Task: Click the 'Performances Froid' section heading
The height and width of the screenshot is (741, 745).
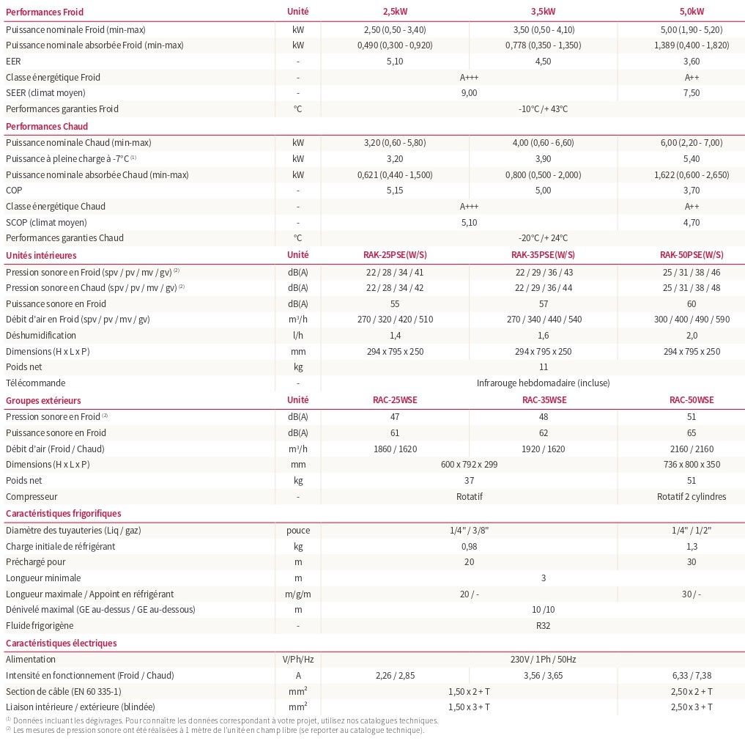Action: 45,12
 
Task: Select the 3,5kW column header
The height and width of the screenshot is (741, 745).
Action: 543,12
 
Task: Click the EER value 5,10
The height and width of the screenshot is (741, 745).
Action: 394,61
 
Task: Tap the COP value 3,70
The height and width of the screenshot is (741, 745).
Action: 692,191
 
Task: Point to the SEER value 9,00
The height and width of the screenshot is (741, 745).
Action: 469,93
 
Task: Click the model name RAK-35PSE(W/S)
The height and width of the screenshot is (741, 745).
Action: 543,255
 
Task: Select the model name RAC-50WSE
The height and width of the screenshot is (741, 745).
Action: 692,400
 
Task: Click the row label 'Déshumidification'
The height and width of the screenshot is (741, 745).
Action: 40,335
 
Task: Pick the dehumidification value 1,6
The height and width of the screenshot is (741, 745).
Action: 543,335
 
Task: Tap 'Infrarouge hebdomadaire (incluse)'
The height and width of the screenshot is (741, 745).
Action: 543,383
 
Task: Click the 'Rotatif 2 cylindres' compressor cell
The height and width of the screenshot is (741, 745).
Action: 692,497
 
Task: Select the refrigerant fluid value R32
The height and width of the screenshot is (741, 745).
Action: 543,626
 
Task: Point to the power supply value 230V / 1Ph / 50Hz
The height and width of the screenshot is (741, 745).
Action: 543,660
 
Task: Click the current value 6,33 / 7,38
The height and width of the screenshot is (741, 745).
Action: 692,676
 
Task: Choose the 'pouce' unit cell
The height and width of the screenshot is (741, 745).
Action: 298,531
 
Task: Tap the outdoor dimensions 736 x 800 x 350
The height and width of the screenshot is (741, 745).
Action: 692,465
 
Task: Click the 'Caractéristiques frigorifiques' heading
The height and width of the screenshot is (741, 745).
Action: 64,514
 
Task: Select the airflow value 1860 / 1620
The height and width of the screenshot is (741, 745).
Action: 394,449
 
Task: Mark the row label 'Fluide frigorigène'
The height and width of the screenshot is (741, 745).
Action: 40,626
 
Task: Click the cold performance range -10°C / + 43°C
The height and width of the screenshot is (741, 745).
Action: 543,109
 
